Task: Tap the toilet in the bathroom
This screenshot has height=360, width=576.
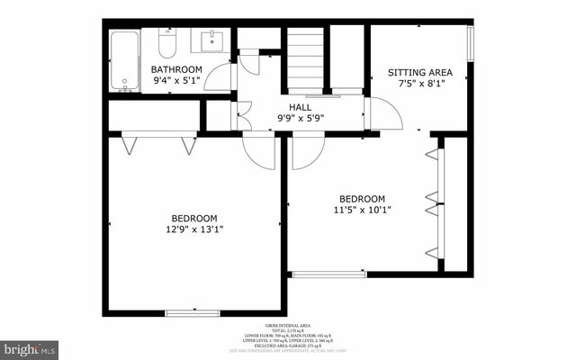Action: coord(166,42)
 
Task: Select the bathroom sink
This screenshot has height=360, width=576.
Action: coord(213,40)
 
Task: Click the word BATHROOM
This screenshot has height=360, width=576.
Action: coord(176,70)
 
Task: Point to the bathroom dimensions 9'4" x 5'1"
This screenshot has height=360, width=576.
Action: coord(176,82)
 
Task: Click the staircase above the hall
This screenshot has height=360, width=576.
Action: coord(304,58)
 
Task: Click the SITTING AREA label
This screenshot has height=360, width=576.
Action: coord(419,72)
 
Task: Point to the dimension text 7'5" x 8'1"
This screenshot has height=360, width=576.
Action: coord(419,84)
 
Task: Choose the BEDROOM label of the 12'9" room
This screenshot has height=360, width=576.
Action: coord(194,218)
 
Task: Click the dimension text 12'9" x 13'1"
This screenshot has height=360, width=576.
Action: coord(194,229)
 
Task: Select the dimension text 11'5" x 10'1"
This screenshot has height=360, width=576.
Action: coord(362,211)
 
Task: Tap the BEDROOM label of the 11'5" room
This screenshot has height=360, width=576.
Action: coord(362,199)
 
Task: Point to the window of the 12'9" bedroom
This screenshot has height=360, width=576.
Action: coord(193,312)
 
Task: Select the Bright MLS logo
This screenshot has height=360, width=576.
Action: coord(30,347)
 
